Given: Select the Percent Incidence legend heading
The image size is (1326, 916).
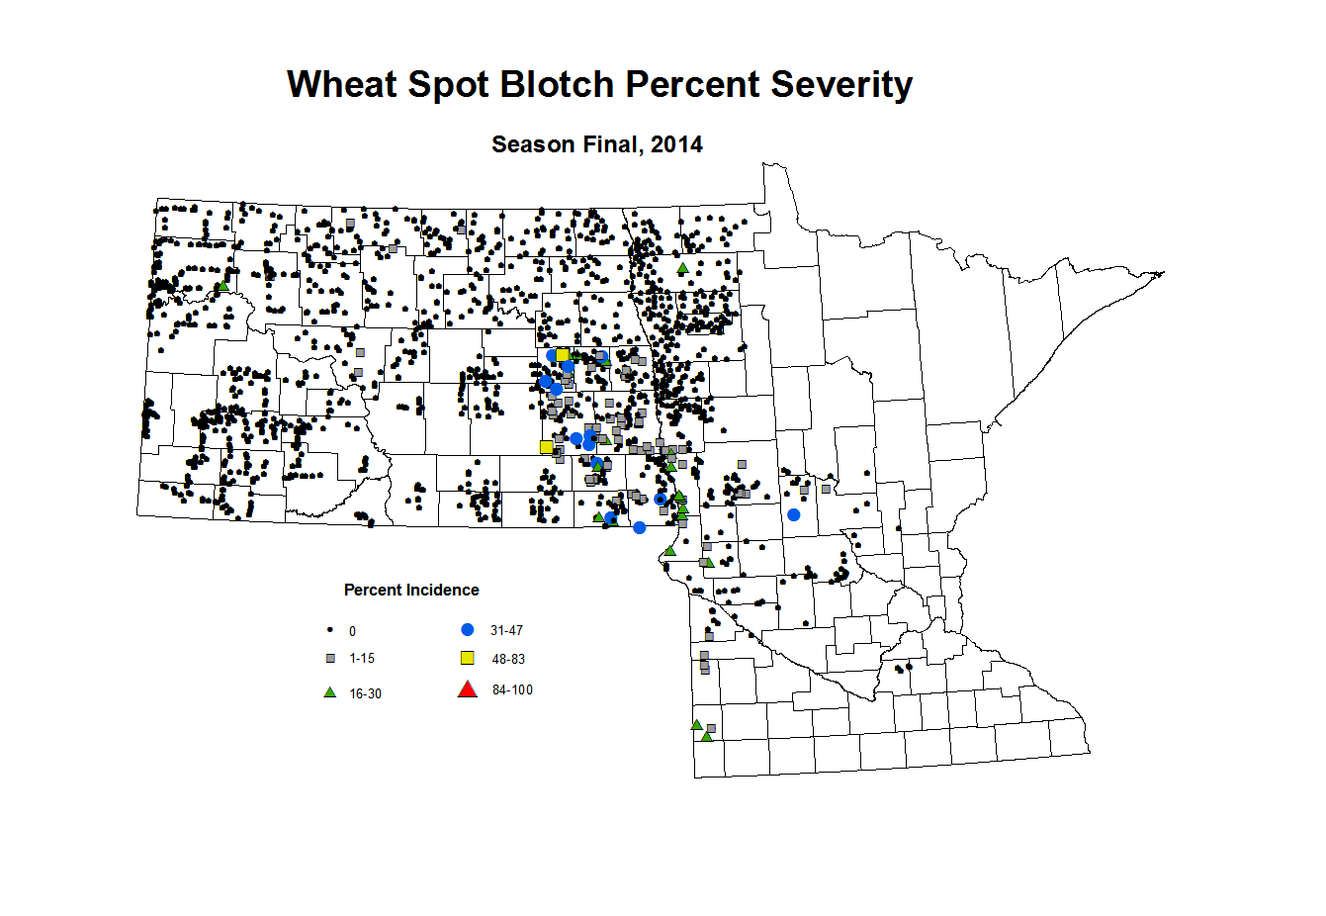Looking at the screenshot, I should coord(411,590).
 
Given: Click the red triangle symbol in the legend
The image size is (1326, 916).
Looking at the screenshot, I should coord(468,689).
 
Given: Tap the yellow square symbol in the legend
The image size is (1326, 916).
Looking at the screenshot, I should coord(468,658).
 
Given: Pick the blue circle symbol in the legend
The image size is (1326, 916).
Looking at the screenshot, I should coord(468,630).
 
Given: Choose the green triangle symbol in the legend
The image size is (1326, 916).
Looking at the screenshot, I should coord(330,692).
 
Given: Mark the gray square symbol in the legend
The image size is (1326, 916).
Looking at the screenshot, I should coord(330,658).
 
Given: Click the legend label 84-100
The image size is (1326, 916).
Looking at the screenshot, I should coord(512,689).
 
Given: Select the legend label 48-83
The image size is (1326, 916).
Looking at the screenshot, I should coord(508,659).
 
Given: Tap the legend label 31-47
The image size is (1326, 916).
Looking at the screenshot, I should coord(506,630).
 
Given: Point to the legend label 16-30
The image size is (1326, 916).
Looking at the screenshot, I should coord(365,693).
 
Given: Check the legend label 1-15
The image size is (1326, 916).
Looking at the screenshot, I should coord(362,658).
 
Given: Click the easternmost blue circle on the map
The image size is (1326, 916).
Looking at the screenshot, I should coord(793,514).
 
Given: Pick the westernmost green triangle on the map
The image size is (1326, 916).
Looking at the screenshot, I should coord(222,286).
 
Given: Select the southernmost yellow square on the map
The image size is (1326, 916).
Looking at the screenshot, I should coord(546,447).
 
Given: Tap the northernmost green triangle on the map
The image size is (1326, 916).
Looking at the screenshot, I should coord(682,268).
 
